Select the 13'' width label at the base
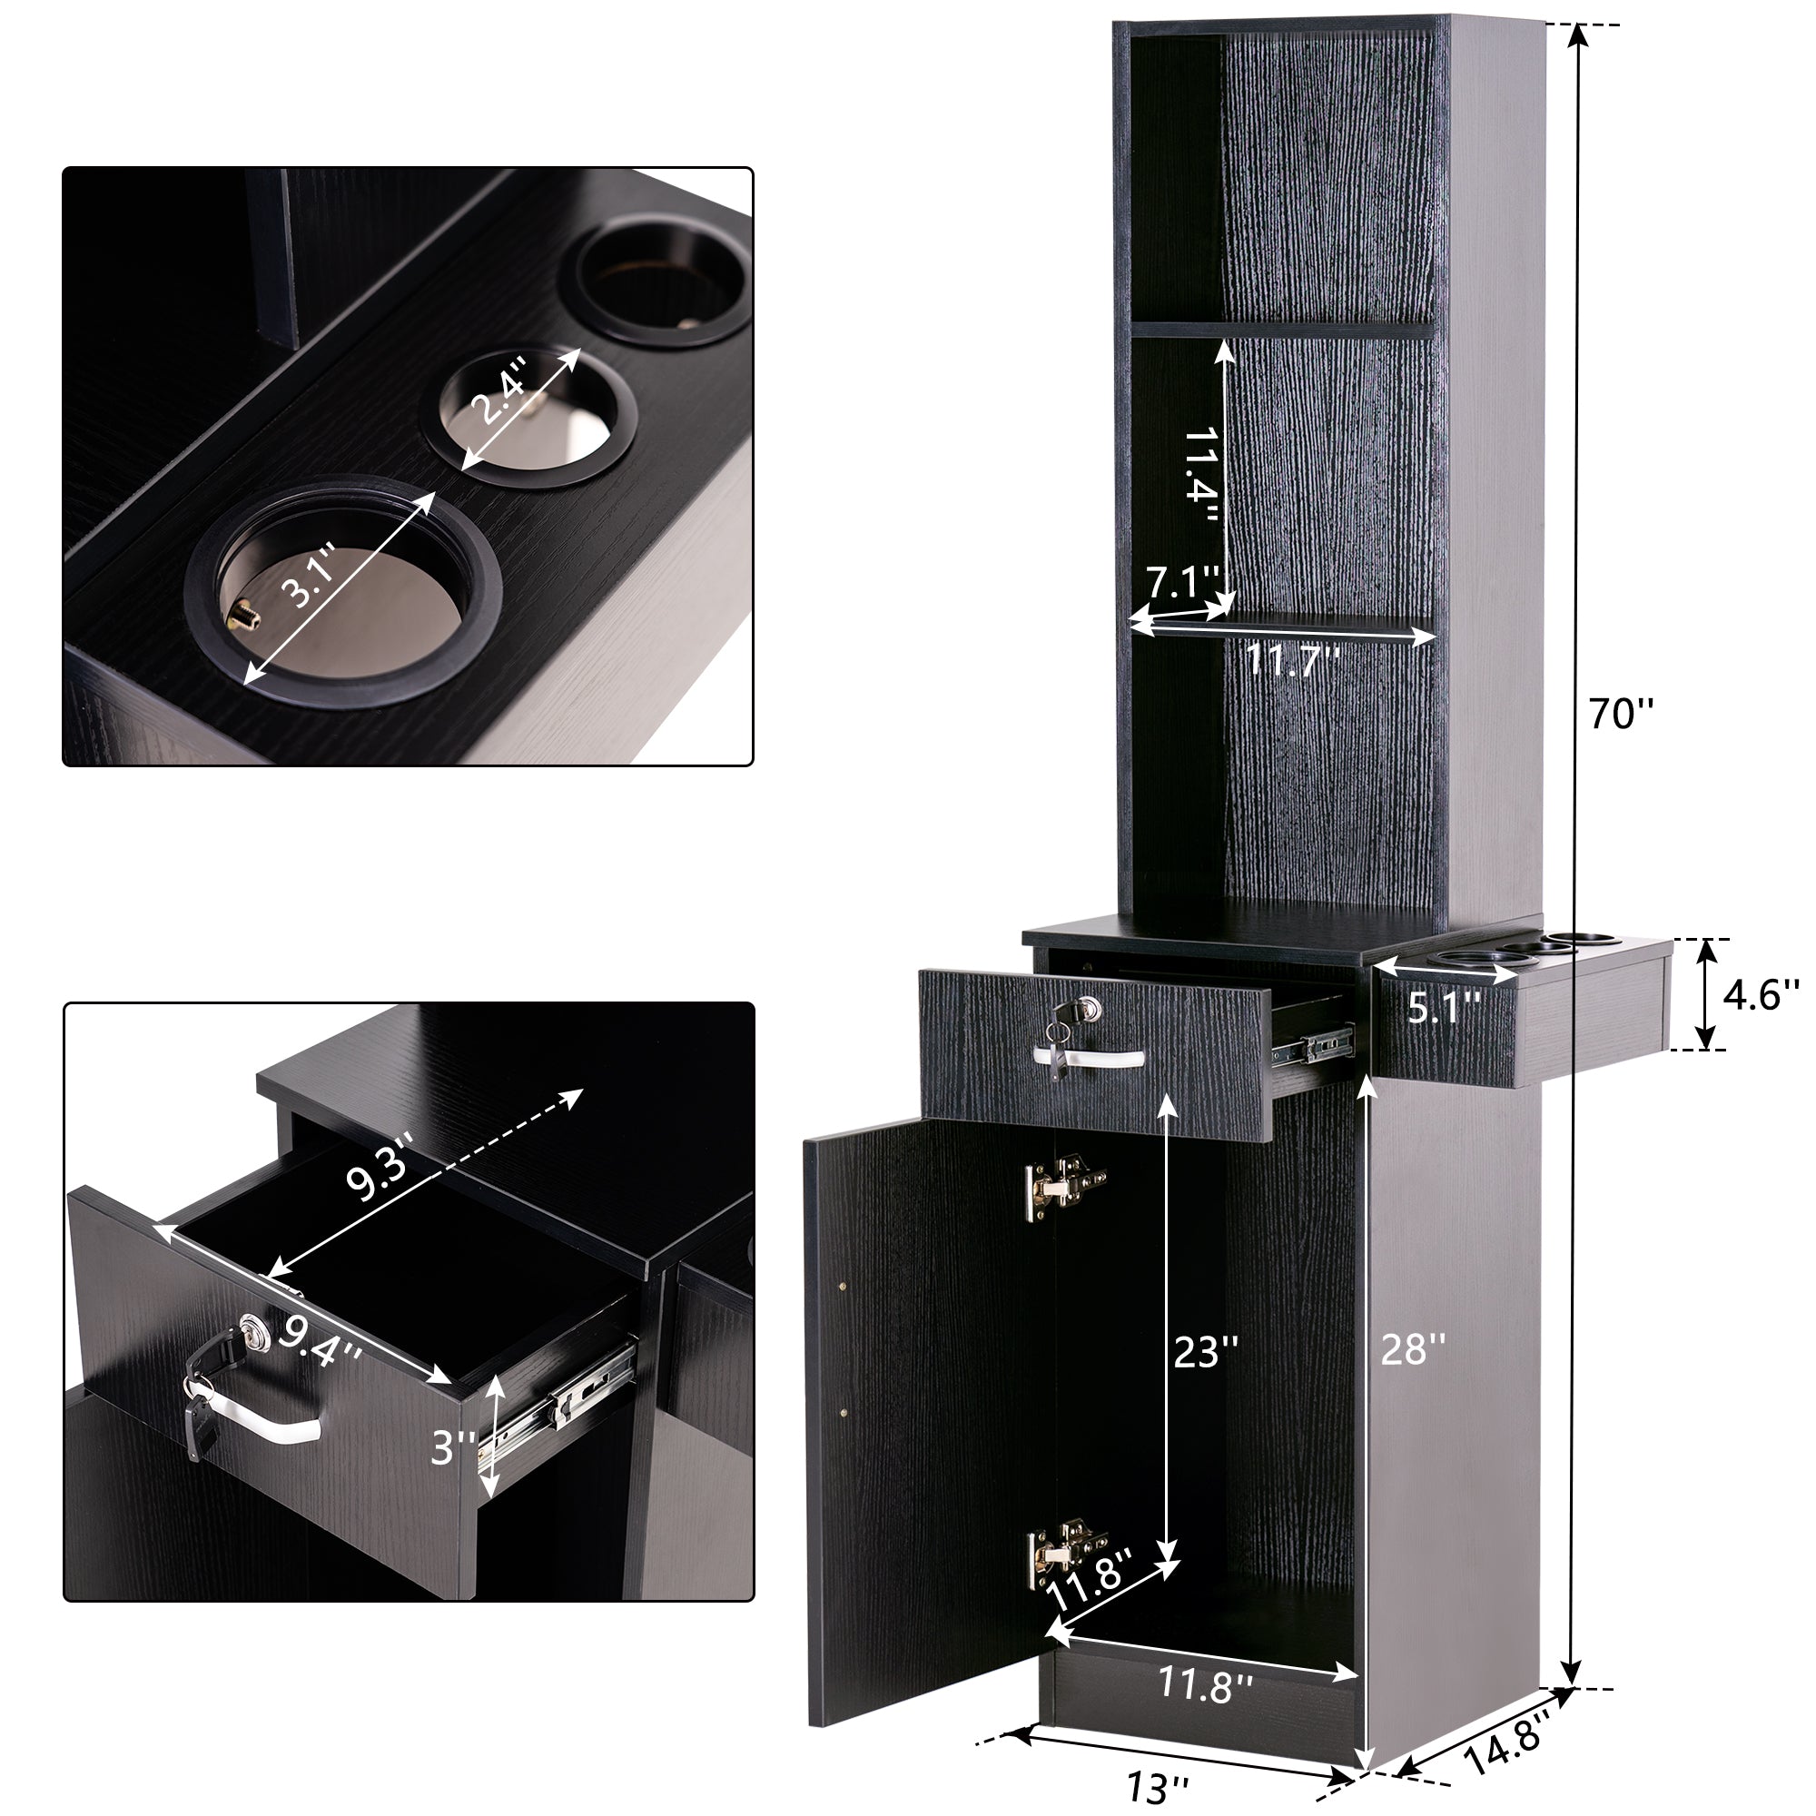1158,1786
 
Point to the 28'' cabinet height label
1412,1351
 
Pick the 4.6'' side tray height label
1761,994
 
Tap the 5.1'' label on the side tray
1444,1008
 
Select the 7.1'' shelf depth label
1181,584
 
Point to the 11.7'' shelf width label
1292,661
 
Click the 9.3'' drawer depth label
379,1170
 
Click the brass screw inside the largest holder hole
242,616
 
